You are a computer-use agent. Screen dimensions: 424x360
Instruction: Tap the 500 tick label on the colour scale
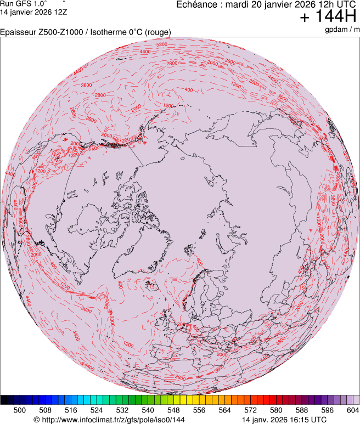point(19,410)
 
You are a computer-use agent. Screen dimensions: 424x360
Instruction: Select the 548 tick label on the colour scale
point(173,410)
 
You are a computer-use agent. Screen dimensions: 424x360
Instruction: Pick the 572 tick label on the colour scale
point(250,410)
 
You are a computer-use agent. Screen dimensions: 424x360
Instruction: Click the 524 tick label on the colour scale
point(97,410)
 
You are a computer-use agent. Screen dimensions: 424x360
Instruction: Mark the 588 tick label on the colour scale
point(301,410)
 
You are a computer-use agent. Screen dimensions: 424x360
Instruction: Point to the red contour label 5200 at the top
point(162,44)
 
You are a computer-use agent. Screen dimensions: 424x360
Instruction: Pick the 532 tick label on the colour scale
point(122,410)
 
